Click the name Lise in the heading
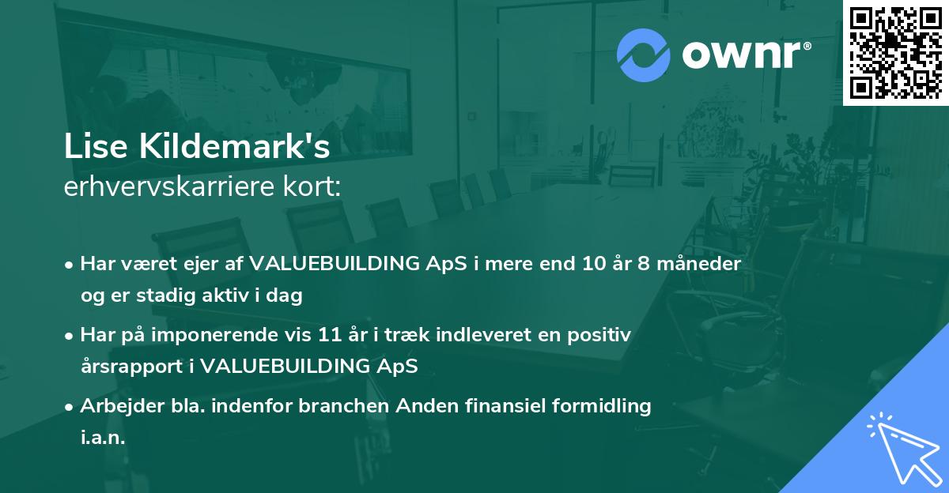pos(96,146)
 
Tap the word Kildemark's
pos(235,146)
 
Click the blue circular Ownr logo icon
pos(643,55)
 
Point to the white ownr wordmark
pos(747,55)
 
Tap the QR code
pos(895,52)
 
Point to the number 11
pos(330,335)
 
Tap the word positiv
pos(599,335)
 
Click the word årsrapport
pos(132,367)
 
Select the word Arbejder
pos(122,406)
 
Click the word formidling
pos(602,406)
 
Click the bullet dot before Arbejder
pos(69,408)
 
